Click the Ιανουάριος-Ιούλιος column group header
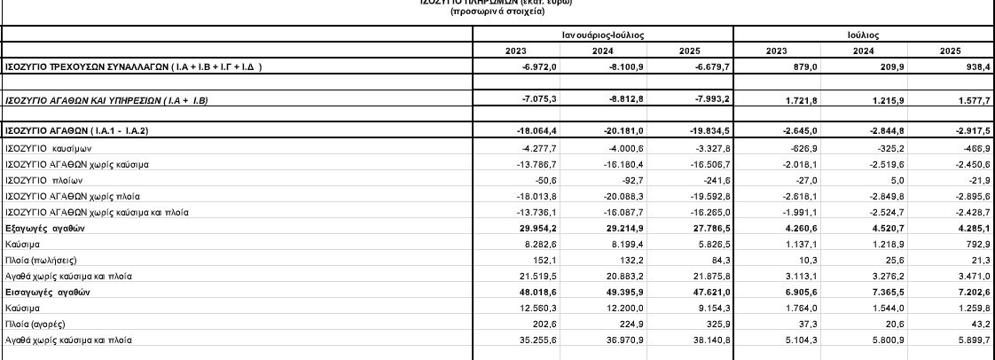click(x=602, y=34)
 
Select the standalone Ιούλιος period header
click(x=863, y=34)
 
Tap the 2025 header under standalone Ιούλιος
click(x=949, y=51)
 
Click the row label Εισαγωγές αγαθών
click(x=48, y=292)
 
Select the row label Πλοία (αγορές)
click(x=35, y=324)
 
